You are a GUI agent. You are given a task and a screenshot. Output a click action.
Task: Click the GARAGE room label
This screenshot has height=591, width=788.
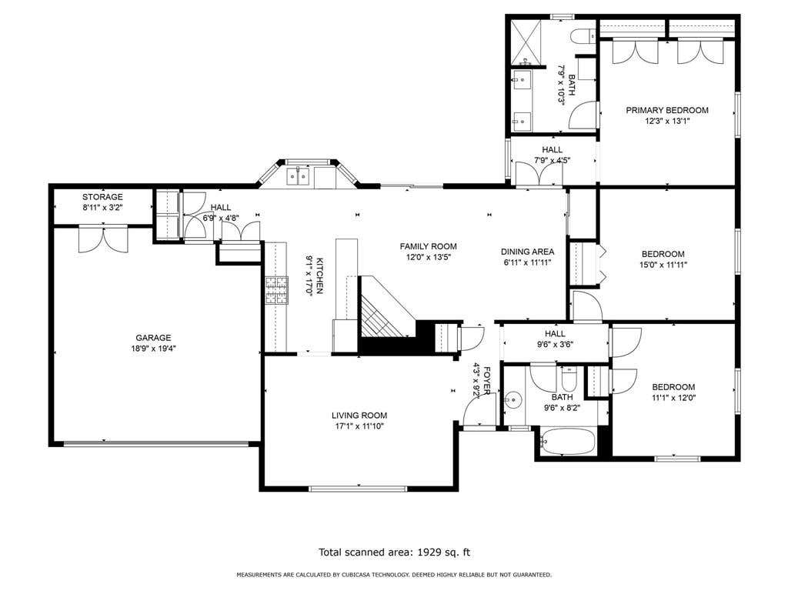pyautogui.click(x=153, y=338)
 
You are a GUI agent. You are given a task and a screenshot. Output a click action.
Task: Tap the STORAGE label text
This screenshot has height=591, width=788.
pyautogui.click(x=102, y=197)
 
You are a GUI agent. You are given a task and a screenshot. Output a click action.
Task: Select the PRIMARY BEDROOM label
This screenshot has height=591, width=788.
pyautogui.click(x=667, y=110)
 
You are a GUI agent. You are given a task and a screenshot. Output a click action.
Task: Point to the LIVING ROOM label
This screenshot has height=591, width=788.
pyautogui.click(x=359, y=416)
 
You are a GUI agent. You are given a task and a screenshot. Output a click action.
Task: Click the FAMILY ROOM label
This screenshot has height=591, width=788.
pyautogui.click(x=428, y=246)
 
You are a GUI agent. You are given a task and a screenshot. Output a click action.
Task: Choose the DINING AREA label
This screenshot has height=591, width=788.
pyautogui.click(x=528, y=252)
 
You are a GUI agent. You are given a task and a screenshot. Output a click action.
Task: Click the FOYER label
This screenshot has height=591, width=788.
pyautogui.click(x=486, y=380)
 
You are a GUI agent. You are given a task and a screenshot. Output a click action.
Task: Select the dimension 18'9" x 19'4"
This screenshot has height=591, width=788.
pyautogui.click(x=153, y=349)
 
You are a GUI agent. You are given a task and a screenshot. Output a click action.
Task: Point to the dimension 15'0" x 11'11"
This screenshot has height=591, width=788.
pyautogui.click(x=663, y=265)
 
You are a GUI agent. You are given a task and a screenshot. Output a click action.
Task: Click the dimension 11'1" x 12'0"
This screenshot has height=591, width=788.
pyautogui.click(x=673, y=398)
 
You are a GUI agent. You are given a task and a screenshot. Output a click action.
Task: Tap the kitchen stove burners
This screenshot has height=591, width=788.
pyautogui.click(x=277, y=290)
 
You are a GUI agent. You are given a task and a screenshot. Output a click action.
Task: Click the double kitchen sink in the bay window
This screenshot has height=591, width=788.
pyautogui.click(x=298, y=176)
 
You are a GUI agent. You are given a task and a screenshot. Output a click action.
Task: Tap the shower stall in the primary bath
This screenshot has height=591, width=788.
pyautogui.click(x=528, y=43)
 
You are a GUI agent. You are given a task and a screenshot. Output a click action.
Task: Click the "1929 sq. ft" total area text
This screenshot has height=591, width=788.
pyautogui.click(x=444, y=553)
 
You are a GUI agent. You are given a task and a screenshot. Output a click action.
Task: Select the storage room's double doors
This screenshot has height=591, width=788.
pyautogui.click(x=104, y=240)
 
